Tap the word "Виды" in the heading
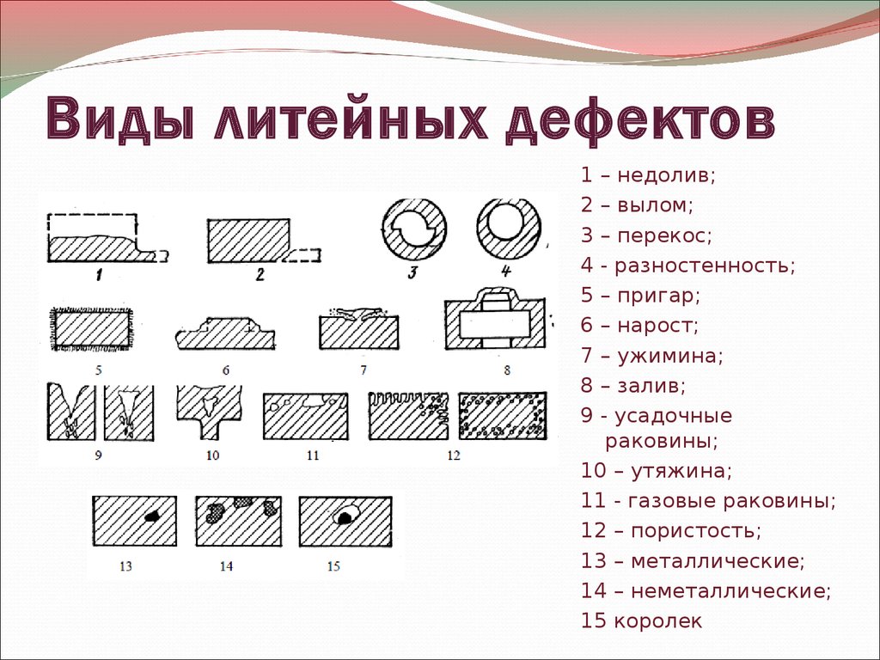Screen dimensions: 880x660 click(x=119, y=118)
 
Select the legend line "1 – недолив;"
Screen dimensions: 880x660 click(x=648, y=175)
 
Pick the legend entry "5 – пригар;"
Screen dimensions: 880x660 click(x=640, y=296)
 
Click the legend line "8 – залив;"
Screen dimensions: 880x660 click(x=633, y=386)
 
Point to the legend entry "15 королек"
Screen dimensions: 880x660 click(x=641, y=620)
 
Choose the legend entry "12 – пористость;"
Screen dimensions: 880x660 click(x=670, y=530)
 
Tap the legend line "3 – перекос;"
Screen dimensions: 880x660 click(x=646, y=235)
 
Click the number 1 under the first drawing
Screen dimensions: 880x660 click(x=99, y=275)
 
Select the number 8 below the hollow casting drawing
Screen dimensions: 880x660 click(x=507, y=370)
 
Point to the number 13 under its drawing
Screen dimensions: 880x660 click(x=125, y=566)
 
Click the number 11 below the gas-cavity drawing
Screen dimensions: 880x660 click(x=313, y=455)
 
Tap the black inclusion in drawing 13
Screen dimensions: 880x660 click(x=150, y=516)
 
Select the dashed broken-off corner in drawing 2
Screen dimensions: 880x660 click(x=303, y=255)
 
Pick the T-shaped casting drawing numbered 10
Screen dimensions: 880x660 click(x=210, y=412)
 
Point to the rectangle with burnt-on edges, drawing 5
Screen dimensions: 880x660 click(x=91, y=329)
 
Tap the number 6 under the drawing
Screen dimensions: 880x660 click(x=226, y=370)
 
